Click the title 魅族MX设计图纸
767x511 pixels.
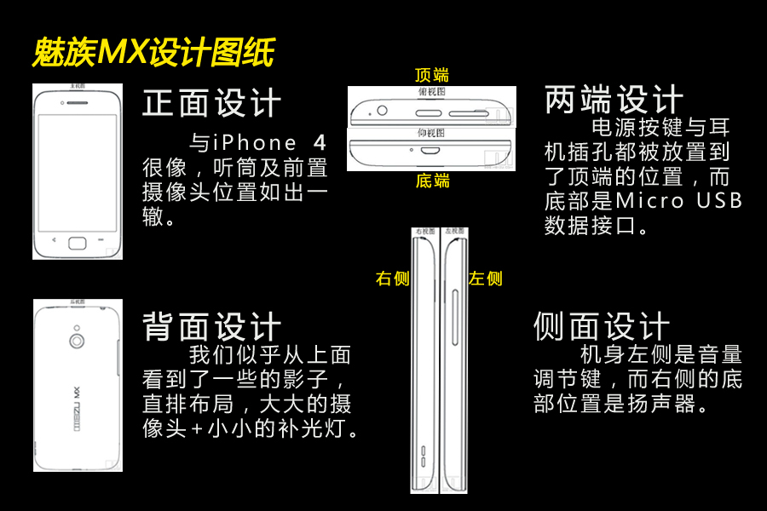[153, 54]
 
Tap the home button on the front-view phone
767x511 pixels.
[78, 242]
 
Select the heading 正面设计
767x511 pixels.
[211, 104]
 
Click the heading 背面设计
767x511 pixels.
[211, 325]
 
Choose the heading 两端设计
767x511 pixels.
[614, 100]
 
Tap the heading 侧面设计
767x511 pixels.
[602, 325]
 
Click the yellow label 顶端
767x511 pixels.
[431, 75]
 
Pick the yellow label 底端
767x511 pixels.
[432, 181]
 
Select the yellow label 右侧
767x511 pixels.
[393, 278]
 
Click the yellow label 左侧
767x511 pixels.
[485, 278]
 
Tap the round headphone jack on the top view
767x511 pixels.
[381, 111]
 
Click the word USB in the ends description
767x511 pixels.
[720, 202]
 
